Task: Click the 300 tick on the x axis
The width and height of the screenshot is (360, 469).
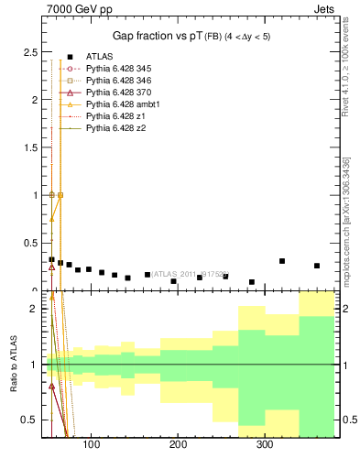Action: [265, 445]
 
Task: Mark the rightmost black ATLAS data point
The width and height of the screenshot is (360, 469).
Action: [317, 266]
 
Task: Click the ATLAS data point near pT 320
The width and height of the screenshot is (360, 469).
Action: [282, 261]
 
